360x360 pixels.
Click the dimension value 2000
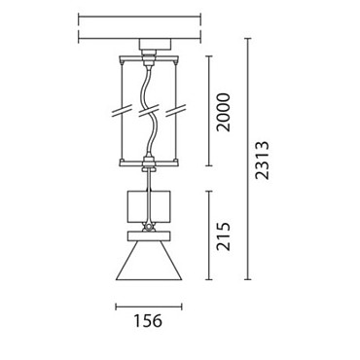[224, 112]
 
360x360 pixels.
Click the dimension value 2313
[262, 161]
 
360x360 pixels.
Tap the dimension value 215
[224, 236]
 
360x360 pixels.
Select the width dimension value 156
[148, 321]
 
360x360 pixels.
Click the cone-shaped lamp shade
[149, 261]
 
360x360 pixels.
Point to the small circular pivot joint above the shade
[149, 227]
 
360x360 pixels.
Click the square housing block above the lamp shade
[149, 207]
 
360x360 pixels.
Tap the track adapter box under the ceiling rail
[155, 44]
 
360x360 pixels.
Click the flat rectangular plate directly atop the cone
[149, 236]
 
